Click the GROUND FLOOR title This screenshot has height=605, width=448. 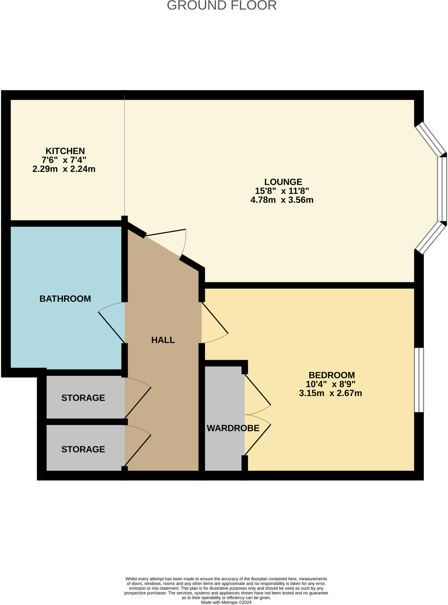point(221,5)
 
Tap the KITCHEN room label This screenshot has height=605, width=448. point(65,151)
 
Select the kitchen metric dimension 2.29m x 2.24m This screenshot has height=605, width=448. point(64,169)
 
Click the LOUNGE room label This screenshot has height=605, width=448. point(283,182)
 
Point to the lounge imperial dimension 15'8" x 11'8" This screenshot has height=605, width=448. point(282,191)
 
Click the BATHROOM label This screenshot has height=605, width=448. point(65,299)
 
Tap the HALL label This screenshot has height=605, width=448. point(163,340)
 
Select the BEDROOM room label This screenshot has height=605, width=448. point(331,375)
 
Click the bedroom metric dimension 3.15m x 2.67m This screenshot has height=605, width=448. point(330,393)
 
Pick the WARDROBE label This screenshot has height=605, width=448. point(233,428)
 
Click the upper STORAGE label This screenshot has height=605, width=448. point(83,398)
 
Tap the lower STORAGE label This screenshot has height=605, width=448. point(83,449)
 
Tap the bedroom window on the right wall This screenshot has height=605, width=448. point(419,380)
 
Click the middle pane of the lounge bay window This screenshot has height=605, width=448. point(442,189)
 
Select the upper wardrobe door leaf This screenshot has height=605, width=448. point(258,390)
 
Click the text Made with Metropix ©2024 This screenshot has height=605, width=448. point(226,602)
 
